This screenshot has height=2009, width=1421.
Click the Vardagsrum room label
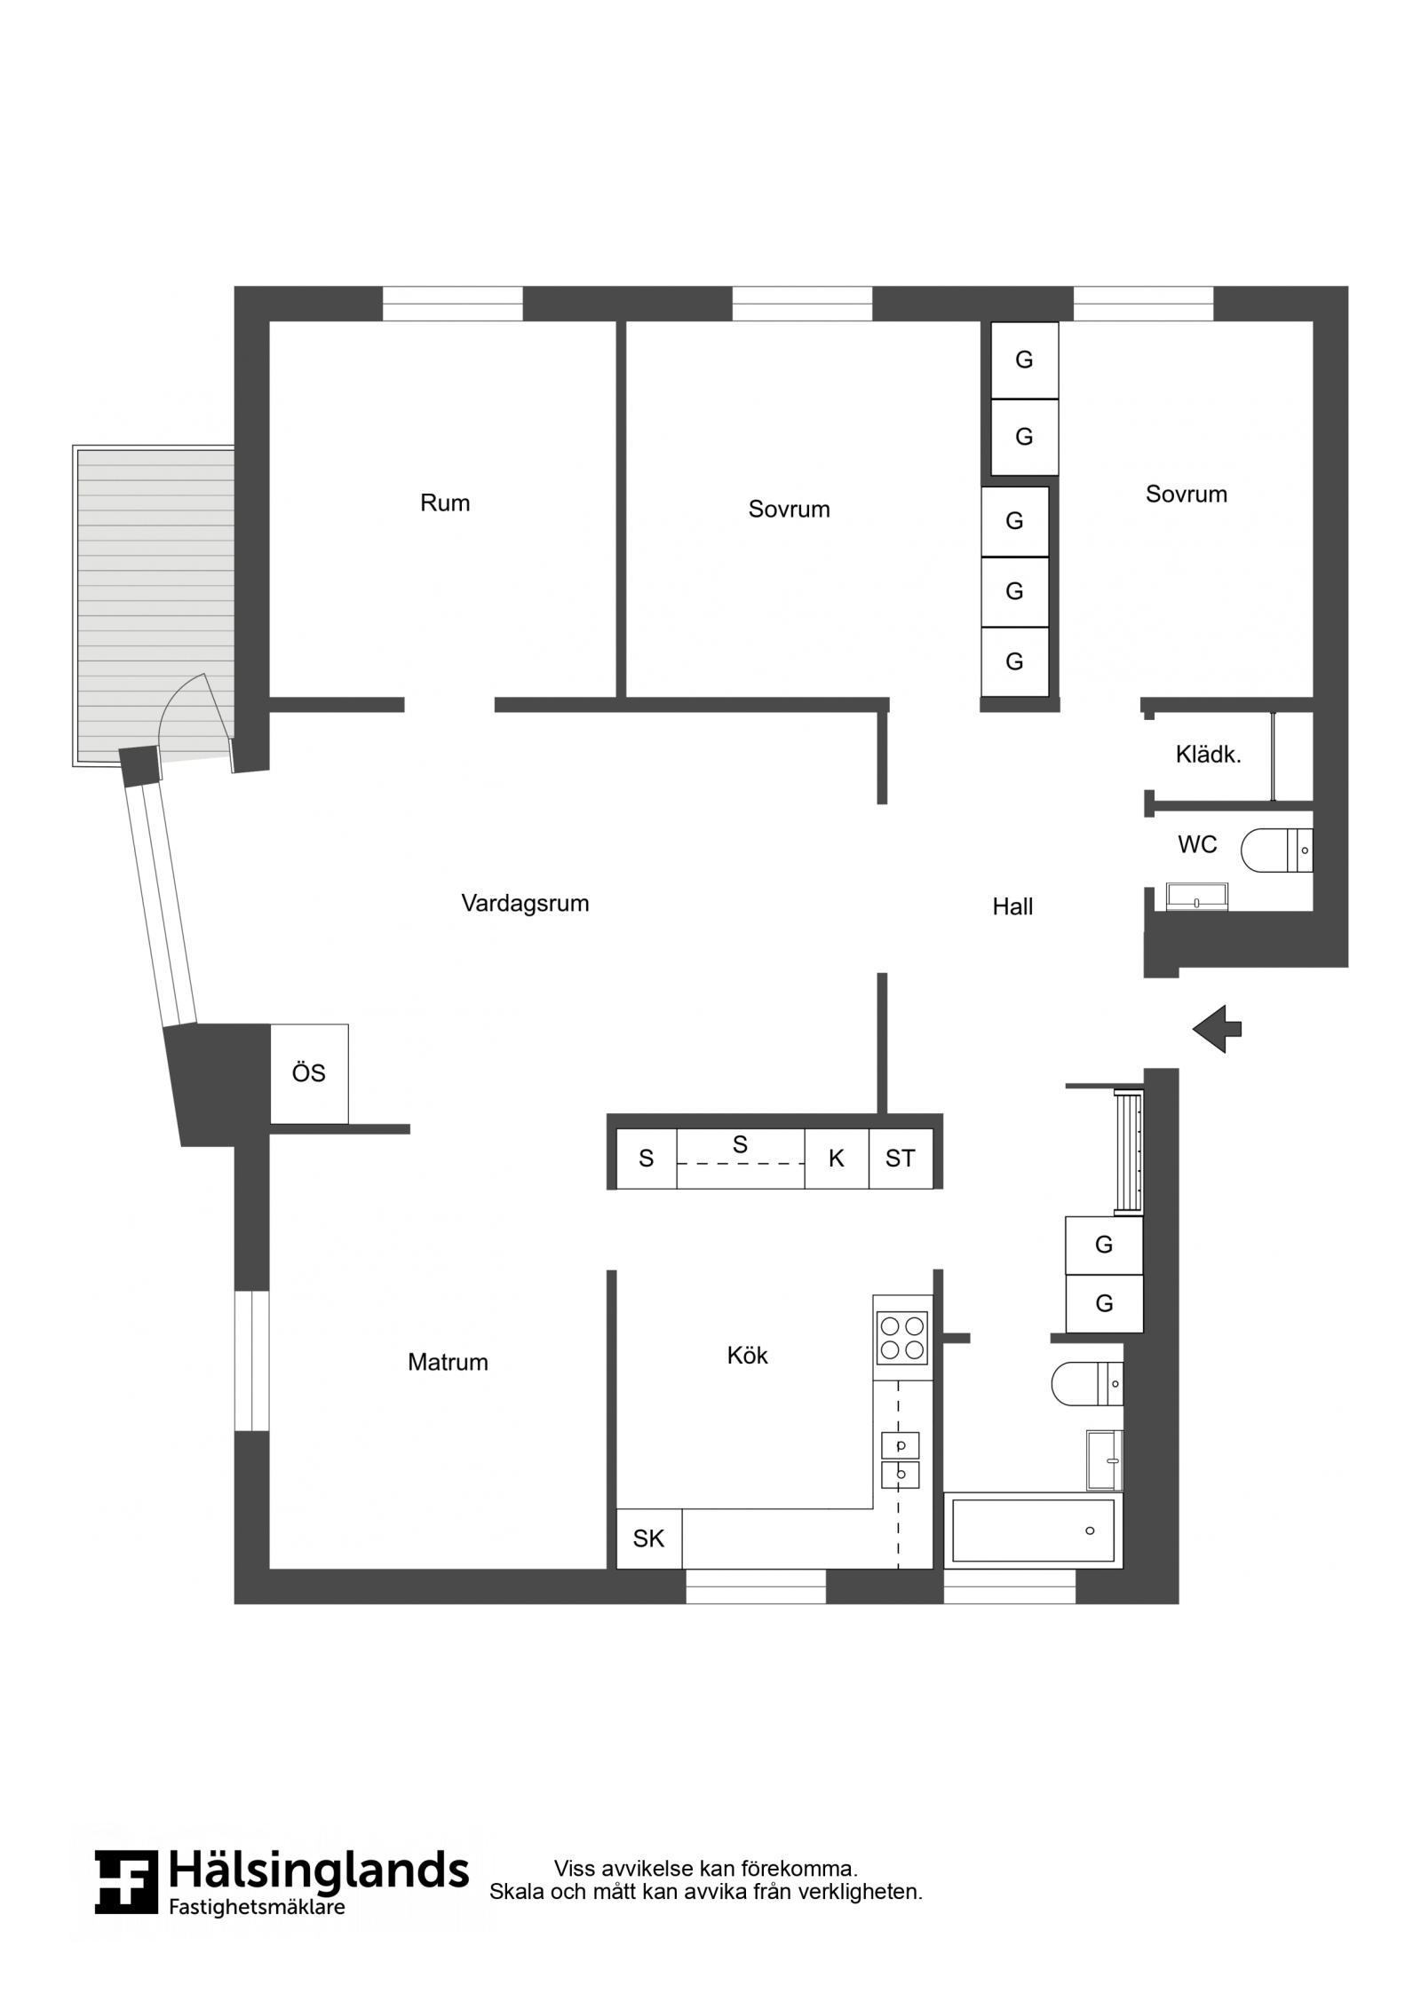(525, 904)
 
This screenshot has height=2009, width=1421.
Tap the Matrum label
(448, 1362)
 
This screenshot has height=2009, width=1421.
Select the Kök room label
(747, 1355)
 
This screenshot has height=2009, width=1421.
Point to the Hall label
(1012, 906)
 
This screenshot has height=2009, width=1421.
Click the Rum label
(445, 503)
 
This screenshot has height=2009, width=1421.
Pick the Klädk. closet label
(1208, 755)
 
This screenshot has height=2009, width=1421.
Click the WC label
(1197, 844)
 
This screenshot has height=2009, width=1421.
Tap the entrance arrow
(1217, 1029)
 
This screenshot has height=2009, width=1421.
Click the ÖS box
(309, 1073)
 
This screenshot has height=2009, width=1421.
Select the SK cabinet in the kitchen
(649, 1538)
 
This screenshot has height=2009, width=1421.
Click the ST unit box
(901, 1159)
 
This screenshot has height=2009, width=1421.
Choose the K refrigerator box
(837, 1159)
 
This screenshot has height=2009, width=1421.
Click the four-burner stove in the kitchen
(902, 1338)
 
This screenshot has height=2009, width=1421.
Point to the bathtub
(1033, 1530)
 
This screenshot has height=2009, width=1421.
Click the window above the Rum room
(453, 304)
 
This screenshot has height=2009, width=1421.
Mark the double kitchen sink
(901, 1460)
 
